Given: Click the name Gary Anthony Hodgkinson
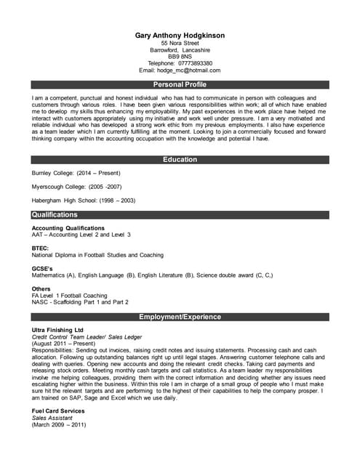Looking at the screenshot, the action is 180,35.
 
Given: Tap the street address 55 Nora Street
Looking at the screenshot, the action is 180,43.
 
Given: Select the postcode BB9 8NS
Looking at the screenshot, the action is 180,57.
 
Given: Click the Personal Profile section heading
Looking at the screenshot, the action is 180,85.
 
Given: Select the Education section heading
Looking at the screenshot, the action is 180,159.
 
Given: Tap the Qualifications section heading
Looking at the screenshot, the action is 55,215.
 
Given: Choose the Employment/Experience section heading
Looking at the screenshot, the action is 180,318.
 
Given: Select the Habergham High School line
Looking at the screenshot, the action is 84,200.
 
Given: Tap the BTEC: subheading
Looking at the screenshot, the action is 41,248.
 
